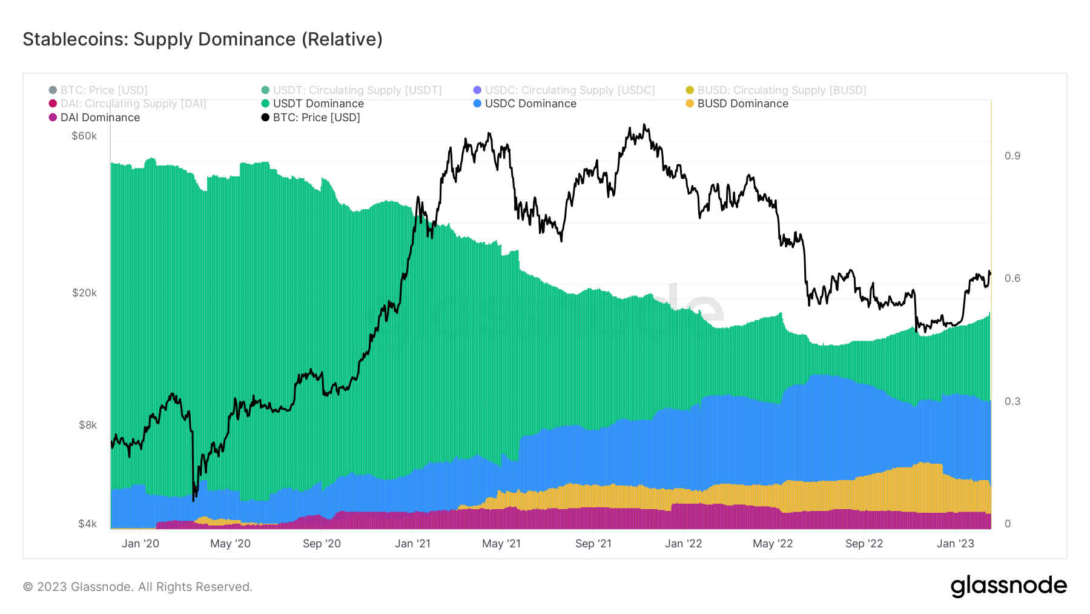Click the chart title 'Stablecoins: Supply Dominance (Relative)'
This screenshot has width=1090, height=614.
[x=202, y=39]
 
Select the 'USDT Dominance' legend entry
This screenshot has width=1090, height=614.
[x=318, y=104]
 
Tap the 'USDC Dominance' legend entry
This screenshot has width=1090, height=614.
[x=530, y=104]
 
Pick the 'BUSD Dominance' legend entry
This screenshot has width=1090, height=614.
[x=742, y=104]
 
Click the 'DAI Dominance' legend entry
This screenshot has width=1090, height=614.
[x=100, y=118]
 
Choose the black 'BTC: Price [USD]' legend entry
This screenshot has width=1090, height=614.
[x=316, y=118]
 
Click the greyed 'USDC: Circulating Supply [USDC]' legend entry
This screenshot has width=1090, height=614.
[x=569, y=90]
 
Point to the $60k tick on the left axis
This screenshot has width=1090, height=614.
[x=84, y=136]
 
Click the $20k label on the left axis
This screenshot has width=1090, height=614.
[x=84, y=293]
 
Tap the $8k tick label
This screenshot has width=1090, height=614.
[x=87, y=425]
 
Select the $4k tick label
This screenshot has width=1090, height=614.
[x=87, y=524]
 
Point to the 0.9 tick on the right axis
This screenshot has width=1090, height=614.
[x=1012, y=156]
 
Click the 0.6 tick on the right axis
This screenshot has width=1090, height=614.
[x=1012, y=278]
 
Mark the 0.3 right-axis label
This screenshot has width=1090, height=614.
[x=1012, y=401]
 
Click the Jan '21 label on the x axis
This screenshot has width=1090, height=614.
[x=412, y=544]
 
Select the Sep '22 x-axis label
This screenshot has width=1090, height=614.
[x=864, y=544]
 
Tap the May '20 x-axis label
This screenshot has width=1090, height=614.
[x=230, y=544]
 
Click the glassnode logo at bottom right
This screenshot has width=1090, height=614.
[x=1008, y=586]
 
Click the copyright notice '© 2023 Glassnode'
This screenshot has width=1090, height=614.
[x=137, y=587]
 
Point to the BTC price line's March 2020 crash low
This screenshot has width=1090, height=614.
[x=193, y=501]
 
